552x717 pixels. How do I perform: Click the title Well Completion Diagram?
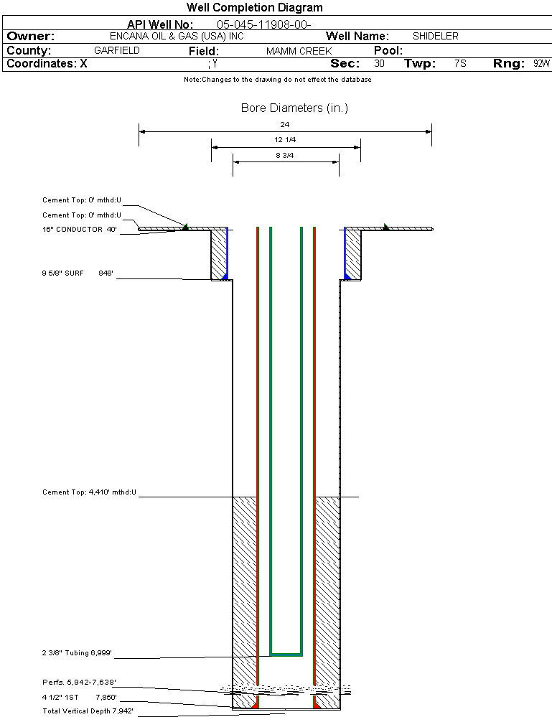point(255,8)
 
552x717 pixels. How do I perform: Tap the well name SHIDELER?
point(436,36)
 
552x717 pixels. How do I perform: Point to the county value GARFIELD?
point(117,51)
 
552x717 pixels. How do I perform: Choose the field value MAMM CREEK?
point(299,51)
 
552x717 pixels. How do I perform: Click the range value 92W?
point(541,64)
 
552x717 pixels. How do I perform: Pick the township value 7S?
point(460,64)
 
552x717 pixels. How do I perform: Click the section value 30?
point(379,64)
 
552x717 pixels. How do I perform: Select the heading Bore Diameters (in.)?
point(294,108)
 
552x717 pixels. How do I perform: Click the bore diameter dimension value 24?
point(285,125)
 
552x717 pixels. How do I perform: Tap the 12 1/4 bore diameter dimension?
point(285,139)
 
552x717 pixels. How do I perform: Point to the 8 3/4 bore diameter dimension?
point(285,154)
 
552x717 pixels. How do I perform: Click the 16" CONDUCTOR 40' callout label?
point(80,230)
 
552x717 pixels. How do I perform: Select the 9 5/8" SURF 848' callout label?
point(78,273)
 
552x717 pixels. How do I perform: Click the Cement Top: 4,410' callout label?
point(90,492)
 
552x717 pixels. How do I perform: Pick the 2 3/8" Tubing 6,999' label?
point(77,653)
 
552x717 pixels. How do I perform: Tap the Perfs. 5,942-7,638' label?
point(79,682)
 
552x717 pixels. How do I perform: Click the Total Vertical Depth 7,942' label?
point(88,711)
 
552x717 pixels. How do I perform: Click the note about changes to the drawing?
point(278,80)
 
